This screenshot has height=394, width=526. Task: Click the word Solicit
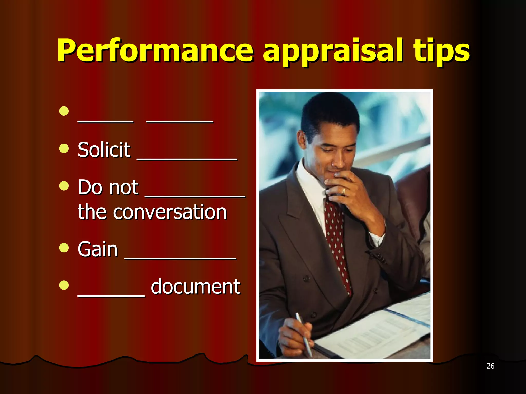[x=104, y=150]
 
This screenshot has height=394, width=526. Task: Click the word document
[x=195, y=287]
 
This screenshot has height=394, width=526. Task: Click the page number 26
[x=490, y=366]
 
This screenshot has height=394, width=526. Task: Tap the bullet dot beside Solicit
[x=64, y=148]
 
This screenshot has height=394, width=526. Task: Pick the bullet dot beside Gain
[x=64, y=248]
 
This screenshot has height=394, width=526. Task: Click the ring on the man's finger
[x=344, y=191]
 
